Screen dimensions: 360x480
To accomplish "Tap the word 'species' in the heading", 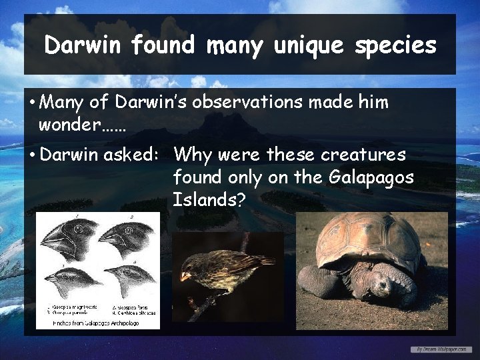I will click(398, 45).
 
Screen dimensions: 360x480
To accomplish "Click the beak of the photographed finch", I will click(187, 275).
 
